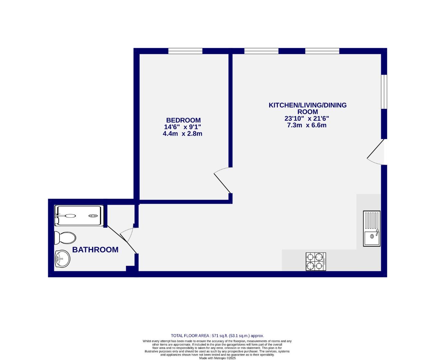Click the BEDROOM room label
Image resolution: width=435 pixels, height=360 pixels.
[x=183, y=120]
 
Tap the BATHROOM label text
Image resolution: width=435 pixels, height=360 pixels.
[x=95, y=250]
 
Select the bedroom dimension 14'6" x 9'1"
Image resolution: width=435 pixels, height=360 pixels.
[x=183, y=127]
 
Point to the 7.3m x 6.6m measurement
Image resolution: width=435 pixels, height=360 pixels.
[x=306, y=125]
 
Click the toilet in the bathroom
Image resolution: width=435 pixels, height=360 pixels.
[x=65, y=238]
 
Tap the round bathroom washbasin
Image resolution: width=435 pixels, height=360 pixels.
[x=62, y=258]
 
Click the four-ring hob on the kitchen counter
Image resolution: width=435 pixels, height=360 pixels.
[x=316, y=262]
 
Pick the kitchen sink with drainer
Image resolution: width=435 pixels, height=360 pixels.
[x=372, y=228]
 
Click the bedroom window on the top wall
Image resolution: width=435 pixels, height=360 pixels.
[x=185, y=51]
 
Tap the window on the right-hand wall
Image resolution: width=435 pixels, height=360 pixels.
[x=384, y=92]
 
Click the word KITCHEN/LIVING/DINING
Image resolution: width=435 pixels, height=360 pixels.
[x=307, y=105]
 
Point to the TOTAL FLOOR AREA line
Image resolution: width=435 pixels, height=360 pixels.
[x=217, y=336]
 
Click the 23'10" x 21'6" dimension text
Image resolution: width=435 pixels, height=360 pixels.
[x=306, y=118]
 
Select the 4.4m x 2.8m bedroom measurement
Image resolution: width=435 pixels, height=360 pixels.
[x=182, y=134]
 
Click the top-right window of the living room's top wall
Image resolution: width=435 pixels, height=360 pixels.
[x=322, y=51]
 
